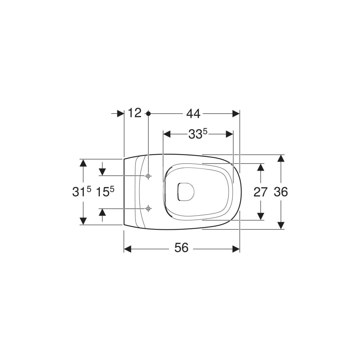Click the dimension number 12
pyautogui.click(x=135, y=113)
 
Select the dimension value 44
pyautogui.click(x=193, y=113)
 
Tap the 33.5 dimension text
pyautogui.click(x=198, y=134)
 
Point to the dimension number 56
pyautogui.click(x=181, y=248)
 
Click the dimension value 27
pyautogui.click(x=260, y=192)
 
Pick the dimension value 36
pyautogui.click(x=281, y=192)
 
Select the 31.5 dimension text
pyautogui.click(x=82, y=192)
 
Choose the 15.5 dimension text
pyautogui.click(x=105, y=192)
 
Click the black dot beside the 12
pyautogui.click(x=148, y=113)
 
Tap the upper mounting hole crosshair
pyautogui.click(x=148, y=176)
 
